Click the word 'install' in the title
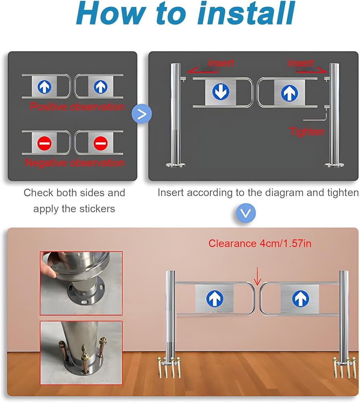click(246, 13)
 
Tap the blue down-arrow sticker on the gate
click(221, 91)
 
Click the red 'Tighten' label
click(307, 132)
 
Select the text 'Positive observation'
click(77, 106)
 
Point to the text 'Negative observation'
click(75, 163)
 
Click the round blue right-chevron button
click(142, 114)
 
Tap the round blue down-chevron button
click(246, 213)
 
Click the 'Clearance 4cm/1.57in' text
click(260, 243)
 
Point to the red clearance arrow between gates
click(257, 276)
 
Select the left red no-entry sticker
click(44, 143)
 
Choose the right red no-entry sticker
click(100, 143)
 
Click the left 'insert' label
click(221, 63)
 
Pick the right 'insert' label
click(300, 63)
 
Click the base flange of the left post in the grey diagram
click(176, 165)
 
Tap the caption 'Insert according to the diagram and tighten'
click(258, 193)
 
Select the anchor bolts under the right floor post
click(345, 367)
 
